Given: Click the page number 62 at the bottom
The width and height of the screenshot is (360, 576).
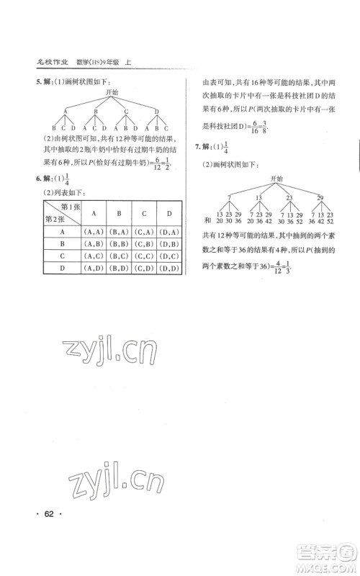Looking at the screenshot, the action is pos(50,514).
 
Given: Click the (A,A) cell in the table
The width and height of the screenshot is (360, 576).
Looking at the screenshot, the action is pos(95,232).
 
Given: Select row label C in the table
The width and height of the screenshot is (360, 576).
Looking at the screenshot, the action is pos(63,256).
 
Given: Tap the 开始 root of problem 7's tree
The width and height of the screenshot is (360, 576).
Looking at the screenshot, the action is pos(276,178).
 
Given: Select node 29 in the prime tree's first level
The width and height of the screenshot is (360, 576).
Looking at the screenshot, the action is pos(321,197).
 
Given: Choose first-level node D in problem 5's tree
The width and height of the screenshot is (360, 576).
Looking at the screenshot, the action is pos(156,111).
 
